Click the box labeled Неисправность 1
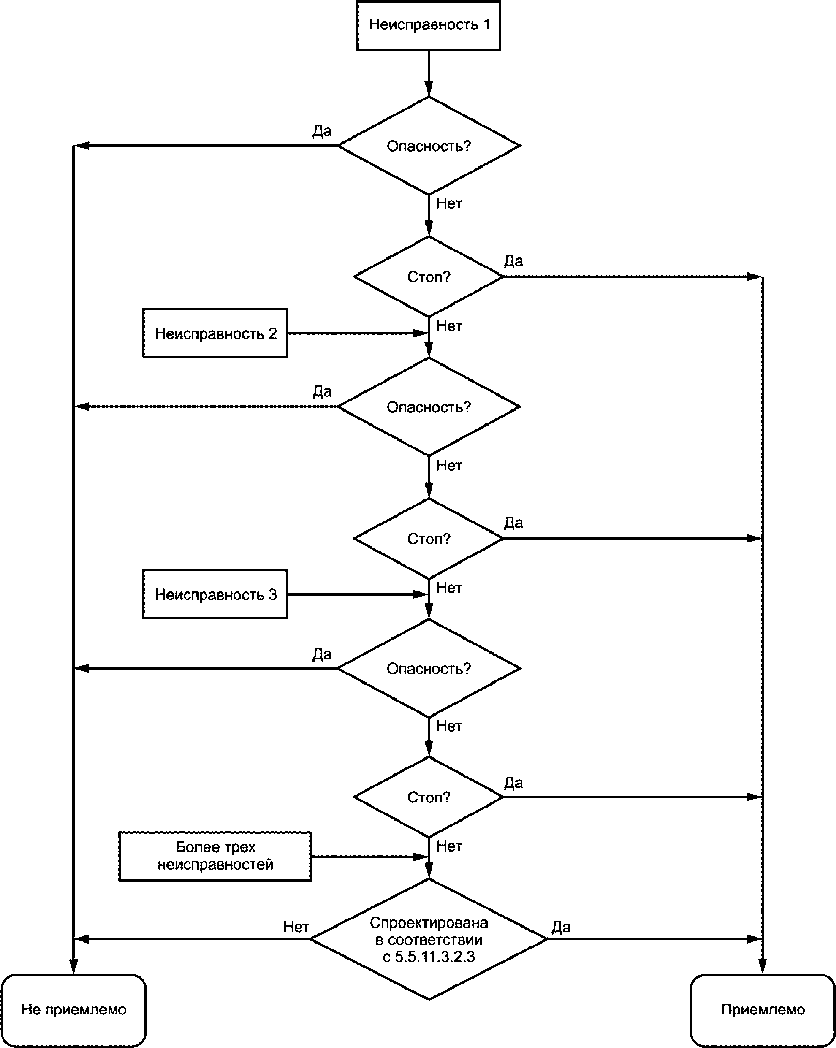tap(428, 25)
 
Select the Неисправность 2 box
tap(215, 333)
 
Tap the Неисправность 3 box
tap(215, 595)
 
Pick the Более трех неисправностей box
tap(215, 856)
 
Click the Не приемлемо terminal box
tap(73, 1010)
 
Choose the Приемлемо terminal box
tap(763, 1010)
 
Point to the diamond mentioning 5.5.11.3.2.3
tap(429, 939)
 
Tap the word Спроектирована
tap(429, 922)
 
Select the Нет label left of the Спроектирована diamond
tap(296, 927)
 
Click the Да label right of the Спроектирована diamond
tap(561, 927)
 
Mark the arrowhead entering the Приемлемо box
tap(763, 966)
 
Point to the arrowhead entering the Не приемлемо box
tap(73, 966)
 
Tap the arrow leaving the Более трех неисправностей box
tap(370, 856)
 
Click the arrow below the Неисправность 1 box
tap(429, 73)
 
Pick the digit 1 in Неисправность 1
tap(485, 25)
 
